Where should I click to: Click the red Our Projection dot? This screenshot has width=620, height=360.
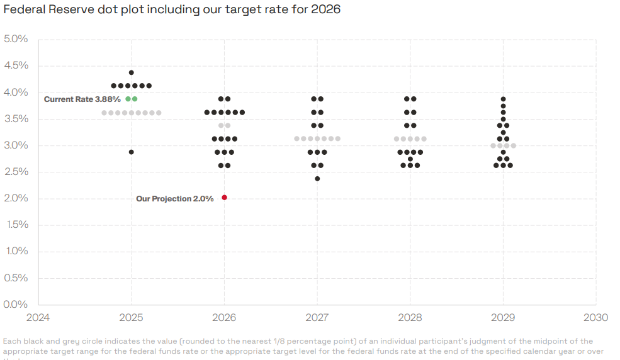coord(224,198)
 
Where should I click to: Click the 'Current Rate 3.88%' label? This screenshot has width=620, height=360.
coord(82,99)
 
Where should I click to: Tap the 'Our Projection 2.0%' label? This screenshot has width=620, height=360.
coord(174,199)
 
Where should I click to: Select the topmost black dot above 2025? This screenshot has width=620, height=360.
coord(131,72)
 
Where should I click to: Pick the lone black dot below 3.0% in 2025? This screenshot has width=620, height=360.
coord(131,152)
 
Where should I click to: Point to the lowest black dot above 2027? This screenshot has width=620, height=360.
coord(317,179)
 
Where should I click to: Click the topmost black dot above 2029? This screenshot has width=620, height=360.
coord(503,99)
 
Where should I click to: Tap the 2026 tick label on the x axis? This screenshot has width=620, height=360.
coord(224,317)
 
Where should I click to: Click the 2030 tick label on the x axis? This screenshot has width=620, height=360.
coord(595,317)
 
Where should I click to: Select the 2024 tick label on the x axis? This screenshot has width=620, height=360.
coord(38,317)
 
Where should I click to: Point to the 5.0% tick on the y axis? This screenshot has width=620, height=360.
coord(16,39)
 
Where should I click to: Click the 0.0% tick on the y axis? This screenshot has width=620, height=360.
coord(16,305)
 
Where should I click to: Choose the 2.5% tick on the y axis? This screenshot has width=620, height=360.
coord(16,172)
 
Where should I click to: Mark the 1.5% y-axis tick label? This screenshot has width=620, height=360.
coord(16,225)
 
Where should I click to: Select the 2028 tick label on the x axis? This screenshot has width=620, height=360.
coord(410,317)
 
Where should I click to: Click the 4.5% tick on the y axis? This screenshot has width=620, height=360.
coord(16,65)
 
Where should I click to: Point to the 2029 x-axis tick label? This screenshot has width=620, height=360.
coord(503,317)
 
